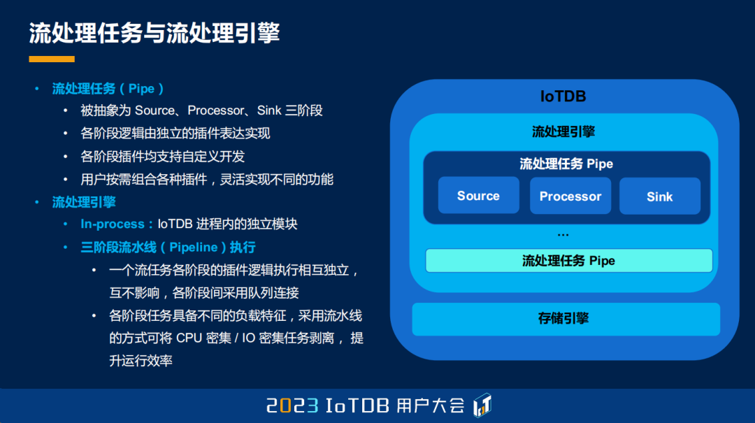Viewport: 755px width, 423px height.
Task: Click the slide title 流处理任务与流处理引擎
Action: coord(154,33)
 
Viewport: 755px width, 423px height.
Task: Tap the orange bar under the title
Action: coord(52,59)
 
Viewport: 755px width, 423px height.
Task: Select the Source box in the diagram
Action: coord(478,196)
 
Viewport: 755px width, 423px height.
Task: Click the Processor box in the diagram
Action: coord(570,196)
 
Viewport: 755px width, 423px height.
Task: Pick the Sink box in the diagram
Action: coord(659,196)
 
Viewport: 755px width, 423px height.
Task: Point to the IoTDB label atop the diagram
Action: coord(563,96)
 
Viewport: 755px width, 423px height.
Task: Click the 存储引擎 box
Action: coord(565,319)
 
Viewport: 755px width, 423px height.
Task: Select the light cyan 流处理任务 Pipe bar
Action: coord(568,261)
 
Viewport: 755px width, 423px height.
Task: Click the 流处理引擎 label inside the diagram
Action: coord(563,131)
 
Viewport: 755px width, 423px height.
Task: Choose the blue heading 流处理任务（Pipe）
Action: coord(108,89)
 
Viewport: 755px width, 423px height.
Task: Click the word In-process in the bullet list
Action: coord(113,224)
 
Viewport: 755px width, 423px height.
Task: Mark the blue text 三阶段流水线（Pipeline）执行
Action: coord(168,248)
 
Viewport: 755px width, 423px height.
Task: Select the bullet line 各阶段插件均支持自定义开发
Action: coord(163,156)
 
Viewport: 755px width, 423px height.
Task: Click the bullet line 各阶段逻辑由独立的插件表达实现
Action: coord(175,133)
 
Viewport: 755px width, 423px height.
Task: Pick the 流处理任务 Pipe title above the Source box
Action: coord(566,164)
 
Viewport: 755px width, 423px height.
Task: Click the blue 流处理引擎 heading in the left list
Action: coord(84,202)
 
